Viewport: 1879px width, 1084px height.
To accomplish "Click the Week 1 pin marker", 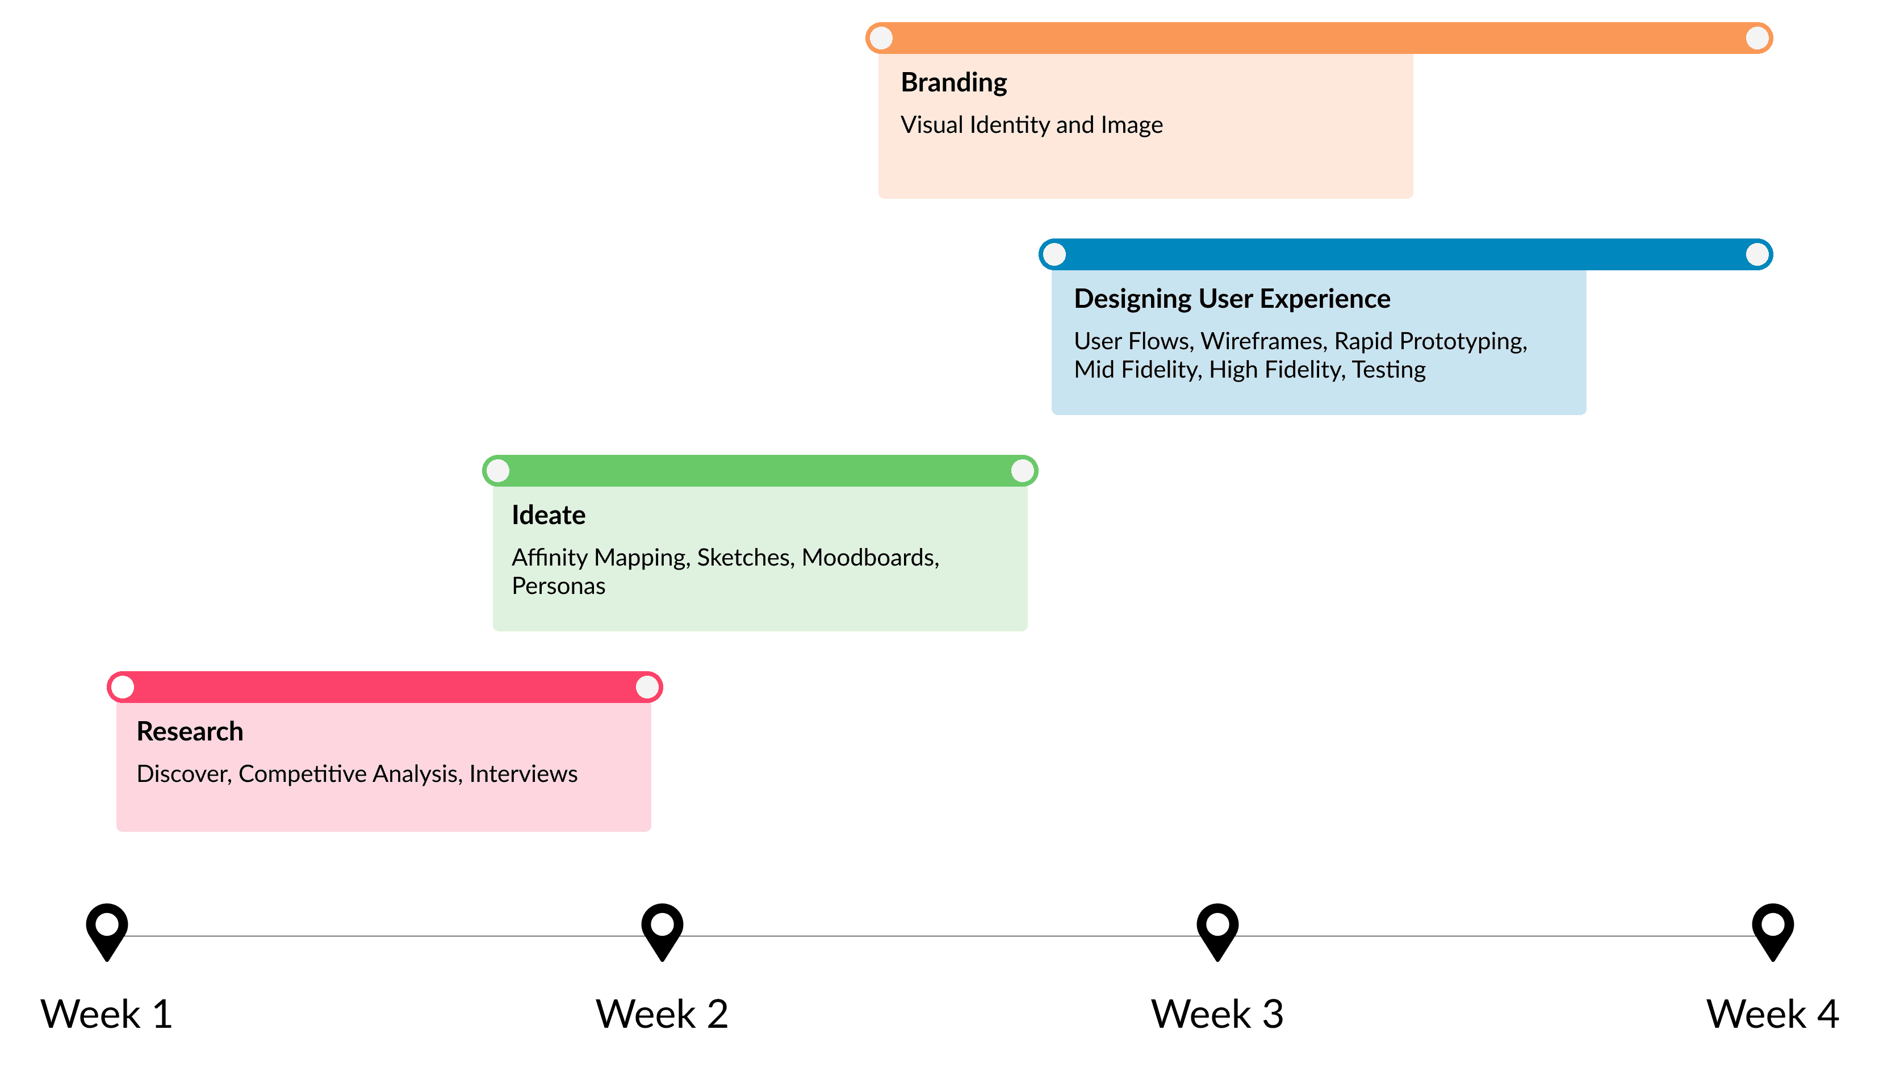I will tap(106, 930).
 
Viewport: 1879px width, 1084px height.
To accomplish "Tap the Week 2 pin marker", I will tap(662, 930).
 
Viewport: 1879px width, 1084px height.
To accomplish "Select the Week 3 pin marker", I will tap(1217, 930).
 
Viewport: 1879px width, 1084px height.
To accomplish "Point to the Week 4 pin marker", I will tap(1773, 930).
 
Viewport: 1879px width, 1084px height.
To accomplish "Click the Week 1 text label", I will tap(106, 1014).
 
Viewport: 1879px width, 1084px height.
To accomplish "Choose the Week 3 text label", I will tap(1217, 1014).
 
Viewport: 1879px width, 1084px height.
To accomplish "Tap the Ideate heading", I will tap(548, 515).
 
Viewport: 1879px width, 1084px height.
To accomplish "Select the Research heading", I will tap(190, 732).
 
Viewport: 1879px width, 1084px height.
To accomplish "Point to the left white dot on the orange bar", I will tap(881, 38).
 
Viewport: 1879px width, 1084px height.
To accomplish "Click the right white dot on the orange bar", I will tap(1757, 38).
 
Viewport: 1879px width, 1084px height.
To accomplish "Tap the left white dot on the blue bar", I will tap(1054, 254).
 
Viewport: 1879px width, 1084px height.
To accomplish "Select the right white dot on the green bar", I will tap(1022, 471).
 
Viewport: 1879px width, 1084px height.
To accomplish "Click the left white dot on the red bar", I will tap(123, 687).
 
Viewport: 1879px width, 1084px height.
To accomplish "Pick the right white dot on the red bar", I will tap(647, 687).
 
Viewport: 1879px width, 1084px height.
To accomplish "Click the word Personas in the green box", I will tap(558, 587).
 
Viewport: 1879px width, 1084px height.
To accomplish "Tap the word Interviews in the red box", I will tap(524, 775).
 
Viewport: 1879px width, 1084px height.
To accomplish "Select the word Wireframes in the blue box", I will tap(1262, 341).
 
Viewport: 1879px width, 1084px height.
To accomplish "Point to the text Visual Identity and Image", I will tap(1031, 125).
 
